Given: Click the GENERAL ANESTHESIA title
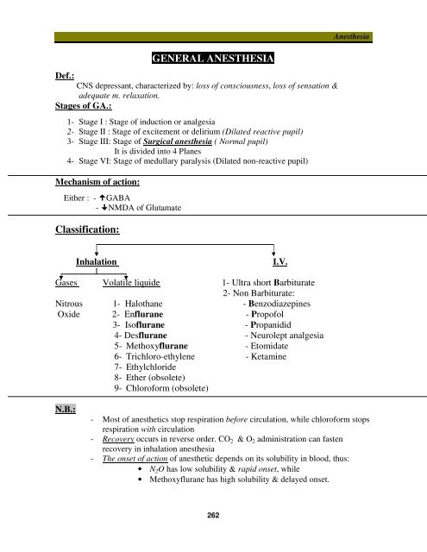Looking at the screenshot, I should point(212,59).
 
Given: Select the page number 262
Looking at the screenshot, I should point(212,515).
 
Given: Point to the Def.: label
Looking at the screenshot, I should point(62,76).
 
